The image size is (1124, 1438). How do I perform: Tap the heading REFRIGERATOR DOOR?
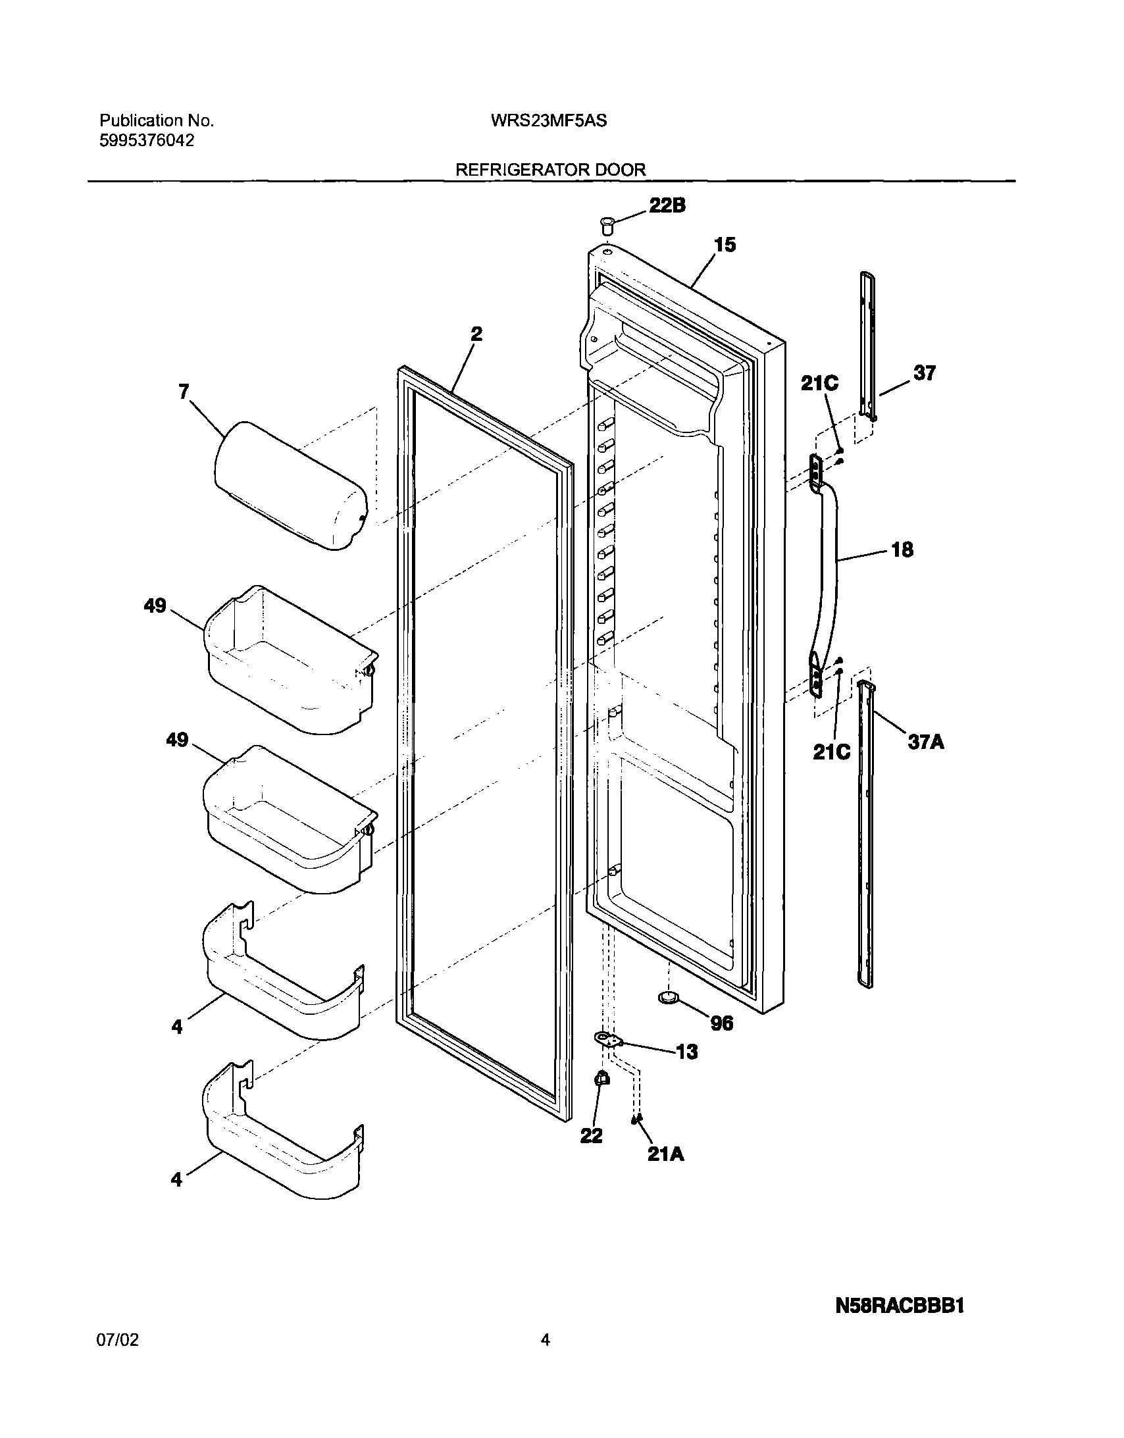pyautogui.click(x=550, y=170)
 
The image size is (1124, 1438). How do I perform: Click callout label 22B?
pyautogui.click(x=667, y=206)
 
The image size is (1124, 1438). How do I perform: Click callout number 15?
pyautogui.click(x=725, y=245)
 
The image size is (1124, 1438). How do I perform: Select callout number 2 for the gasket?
pyautogui.click(x=476, y=334)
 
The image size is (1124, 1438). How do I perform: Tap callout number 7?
pyautogui.click(x=184, y=392)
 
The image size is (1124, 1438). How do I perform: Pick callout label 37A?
pyautogui.click(x=926, y=742)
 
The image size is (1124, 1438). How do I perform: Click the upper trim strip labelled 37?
pyautogui.click(x=869, y=346)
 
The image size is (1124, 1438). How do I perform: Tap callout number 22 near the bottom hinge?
pyautogui.click(x=592, y=1135)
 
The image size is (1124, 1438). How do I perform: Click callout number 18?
pyautogui.click(x=902, y=550)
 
